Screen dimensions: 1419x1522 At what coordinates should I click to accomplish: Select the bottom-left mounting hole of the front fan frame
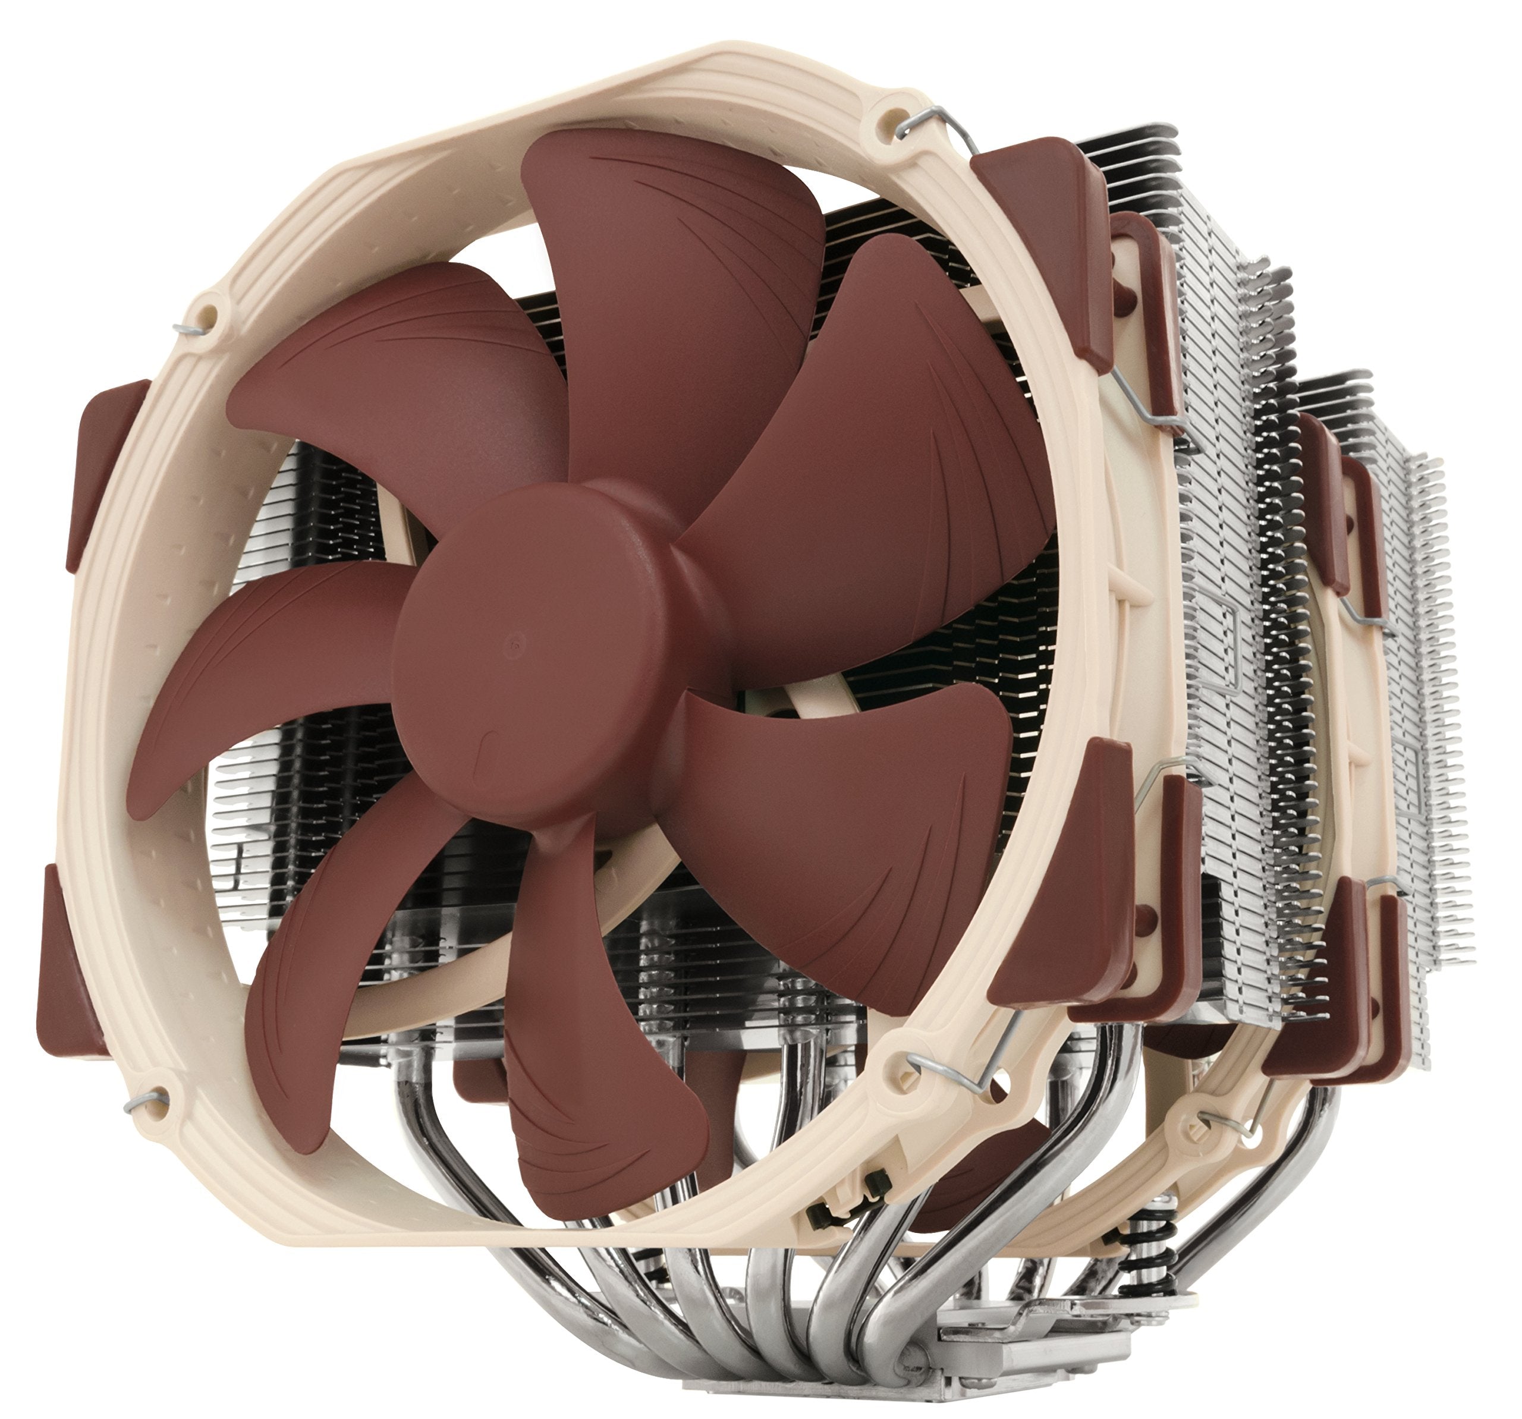click(x=159, y=1094)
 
